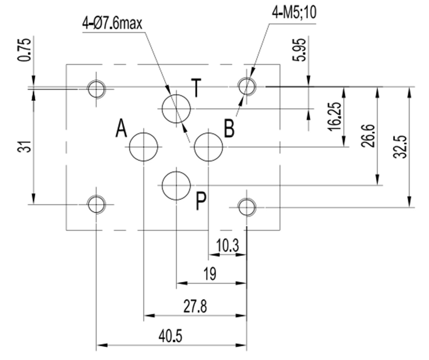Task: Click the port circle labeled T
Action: tap(176, 108)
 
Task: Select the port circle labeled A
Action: tap(143, 147)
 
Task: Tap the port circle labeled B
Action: tap(208, 147)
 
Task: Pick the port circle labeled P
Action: tap(176, 185)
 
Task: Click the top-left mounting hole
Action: tap(97, 89)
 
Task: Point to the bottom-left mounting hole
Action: tap(97, 204)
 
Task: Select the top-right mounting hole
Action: tap(247, 87)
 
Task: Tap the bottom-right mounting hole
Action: tap(247, 207)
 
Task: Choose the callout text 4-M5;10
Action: tap(294, 14)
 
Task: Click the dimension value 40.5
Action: tap(170, 337)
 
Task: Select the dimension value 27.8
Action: tap(195, 307)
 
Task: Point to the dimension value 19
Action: tap(210, 275)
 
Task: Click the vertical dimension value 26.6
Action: tap(368, 136)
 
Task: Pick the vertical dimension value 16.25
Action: tap(335, 116)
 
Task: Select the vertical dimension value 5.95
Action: tap(302, 49)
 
